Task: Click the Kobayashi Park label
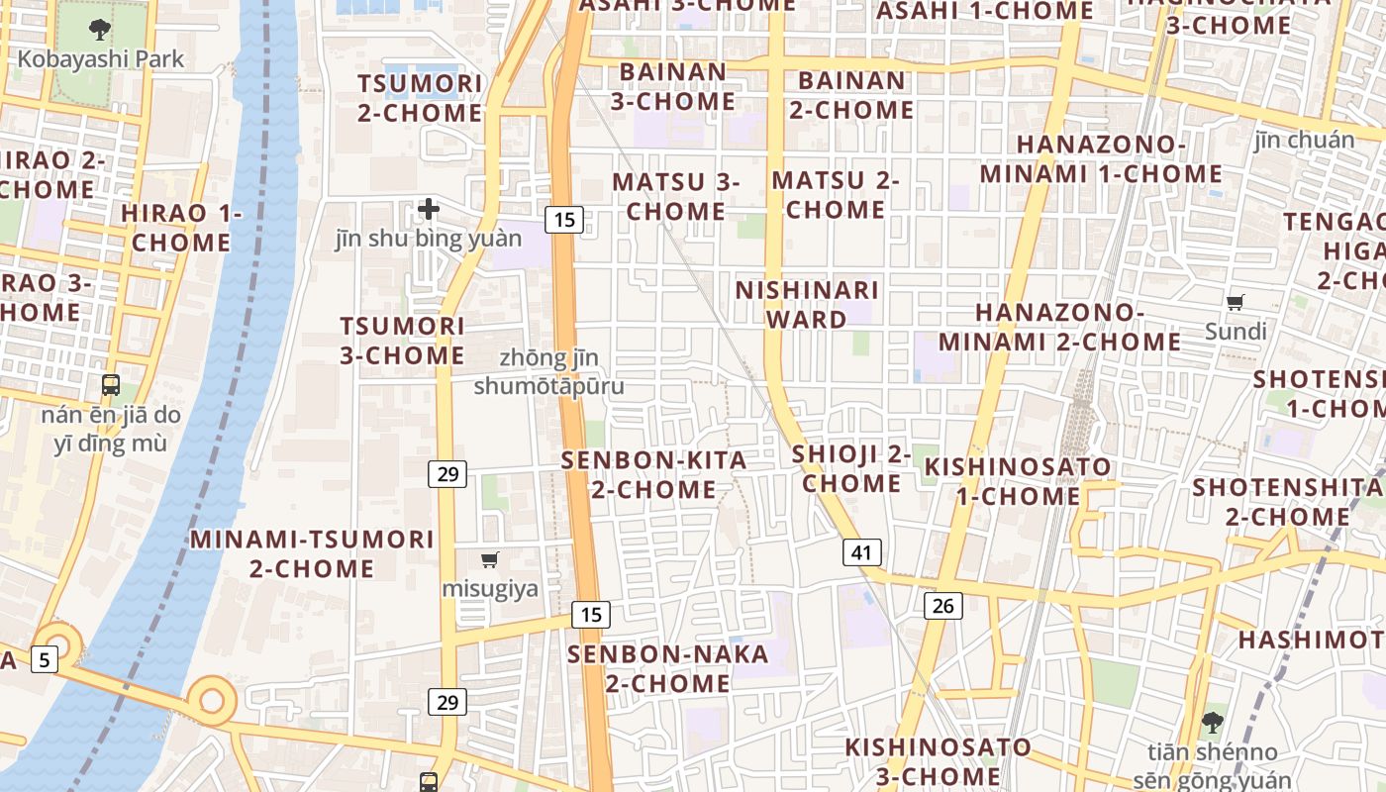coord(101,59)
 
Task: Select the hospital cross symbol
coord(429,209)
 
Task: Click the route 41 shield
coord(862,552)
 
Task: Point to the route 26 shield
coord(942,605)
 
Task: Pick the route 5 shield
coord(44,658)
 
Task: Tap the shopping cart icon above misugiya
coord(490,560)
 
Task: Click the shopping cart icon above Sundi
coord(1235,302)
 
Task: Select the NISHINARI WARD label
coord(807,305)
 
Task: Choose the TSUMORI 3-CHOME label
coord(402,341)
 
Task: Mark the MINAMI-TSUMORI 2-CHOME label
coord(312,554)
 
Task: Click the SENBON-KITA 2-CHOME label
coord(654,475)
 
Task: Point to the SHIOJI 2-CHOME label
coord(851,469)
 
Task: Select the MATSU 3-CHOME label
coord(676,196)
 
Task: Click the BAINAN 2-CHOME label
coord(851,95)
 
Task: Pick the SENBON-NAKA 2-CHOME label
coord(668,669)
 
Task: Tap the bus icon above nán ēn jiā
coord(111,385)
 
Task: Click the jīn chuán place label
coord(1304,141)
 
